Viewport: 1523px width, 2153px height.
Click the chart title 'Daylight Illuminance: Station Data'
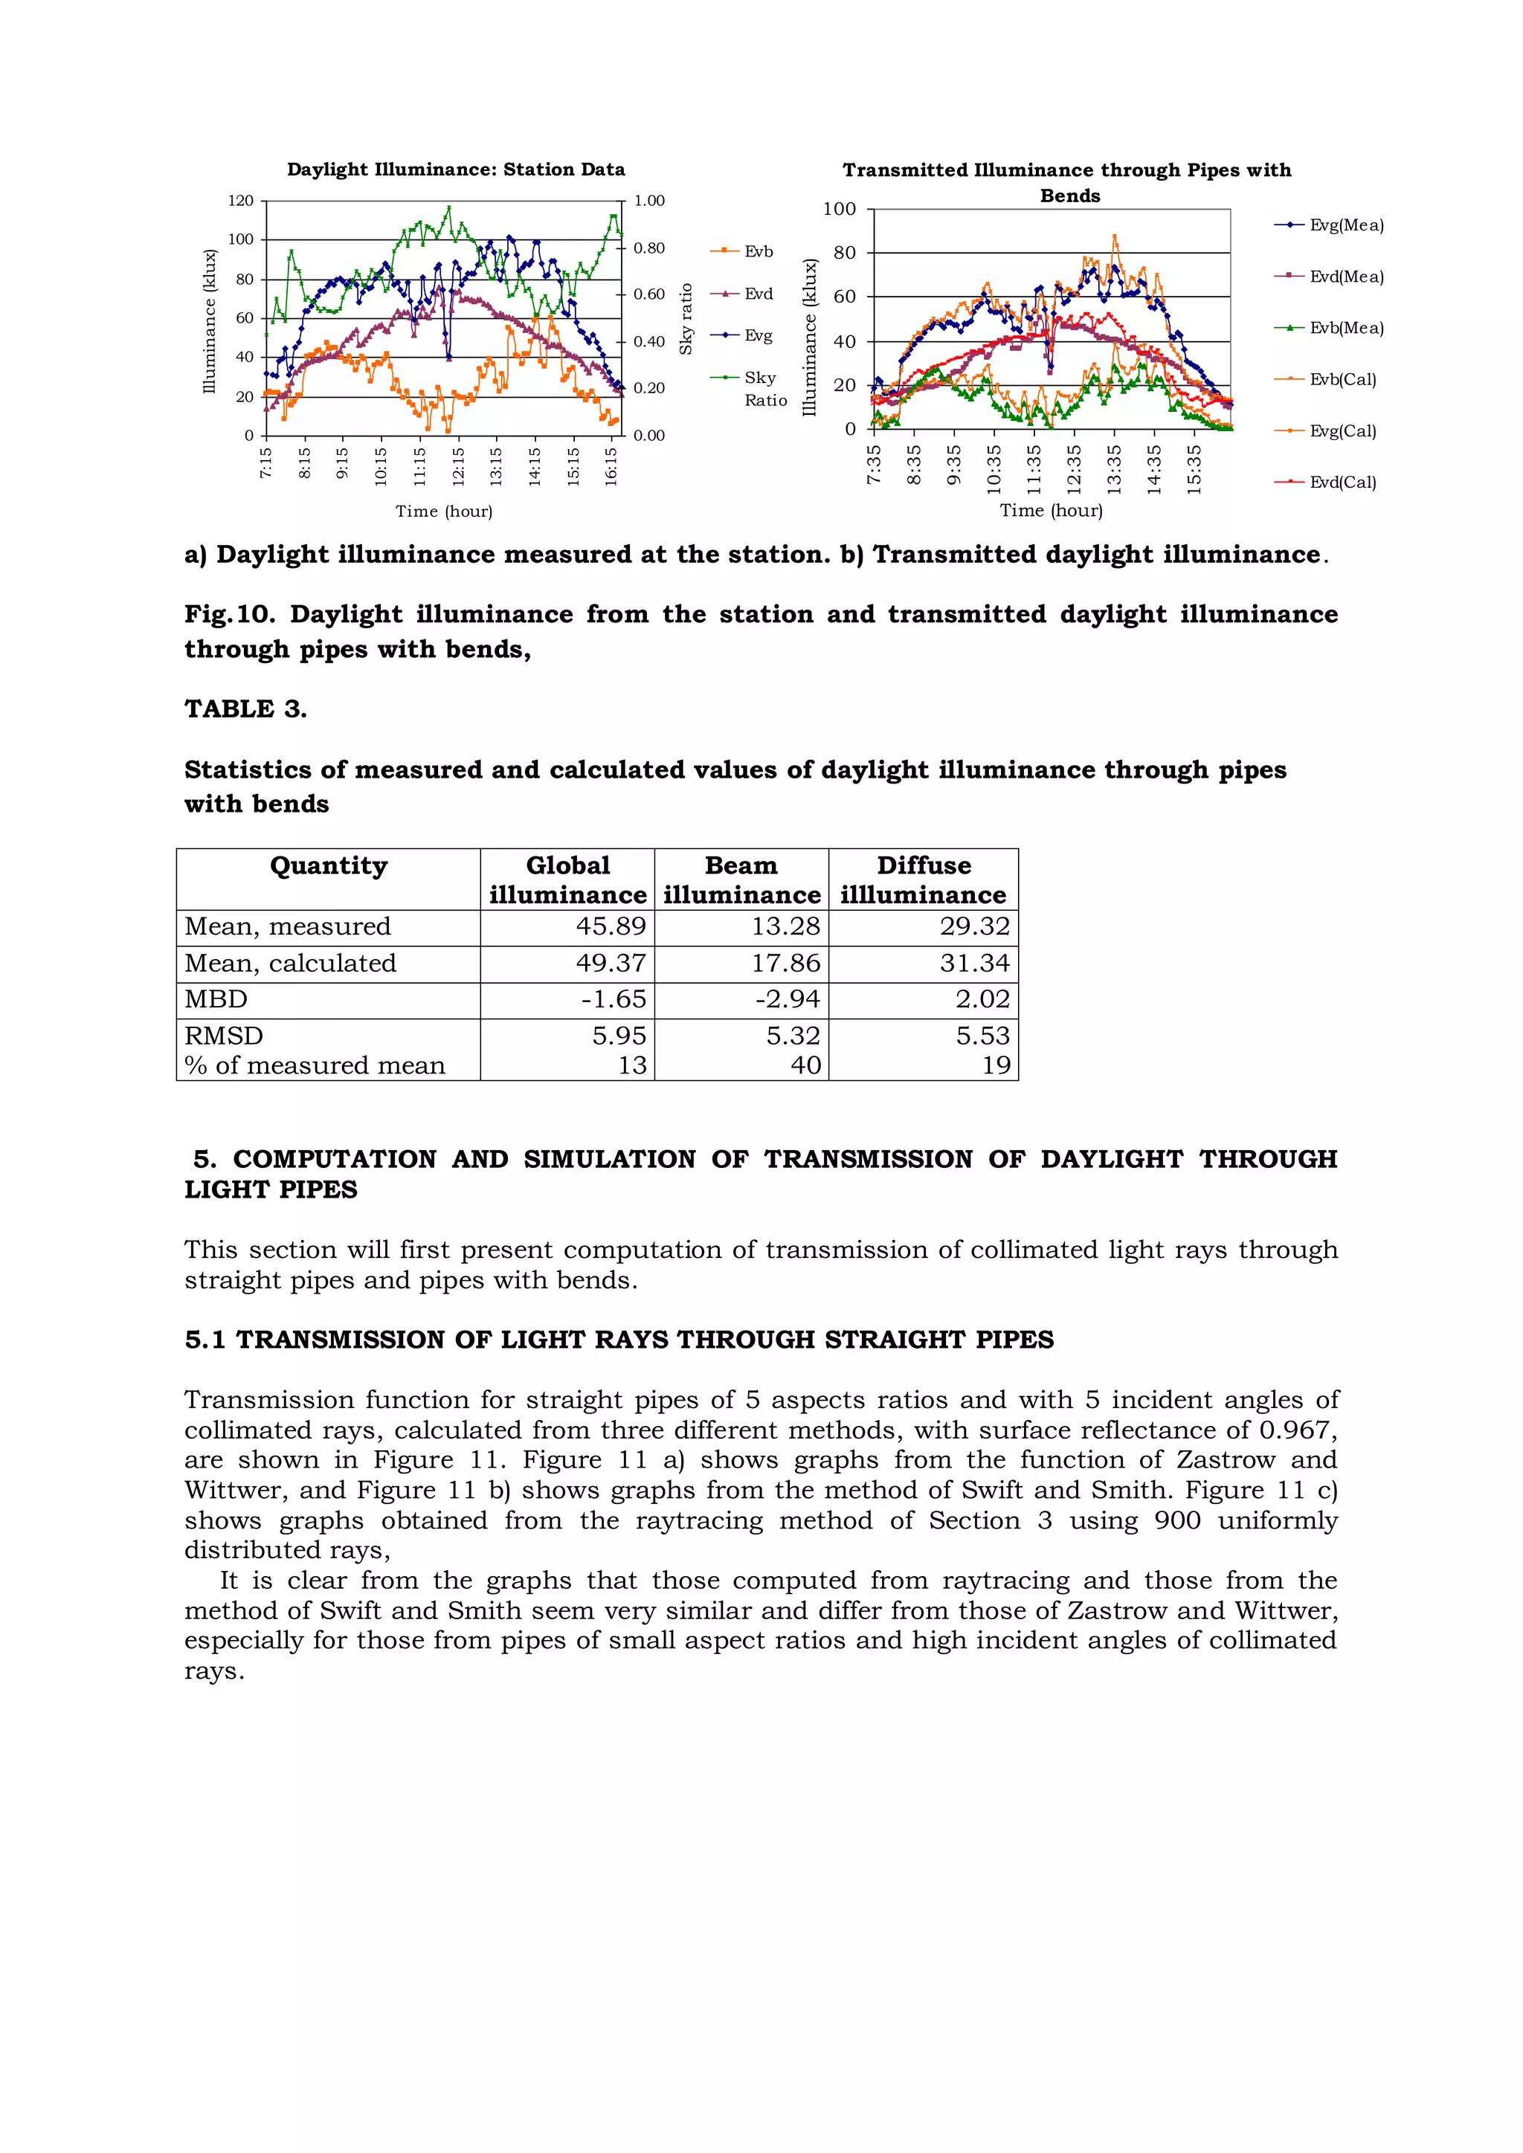point(456,170)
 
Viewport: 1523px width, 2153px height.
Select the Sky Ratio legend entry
point(764,388)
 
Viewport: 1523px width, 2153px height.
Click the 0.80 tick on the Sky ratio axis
point(649,248)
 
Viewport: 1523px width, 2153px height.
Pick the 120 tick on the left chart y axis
point(241,201)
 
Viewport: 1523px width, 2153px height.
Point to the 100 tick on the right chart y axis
point(840,209)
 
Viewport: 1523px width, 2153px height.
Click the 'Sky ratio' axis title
point(686,319)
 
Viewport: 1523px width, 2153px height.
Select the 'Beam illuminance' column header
point(741,879)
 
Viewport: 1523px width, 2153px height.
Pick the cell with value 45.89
point(611,926)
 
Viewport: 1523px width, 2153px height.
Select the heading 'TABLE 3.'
point(245,709)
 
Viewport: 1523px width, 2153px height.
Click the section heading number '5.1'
point(205,1339)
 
